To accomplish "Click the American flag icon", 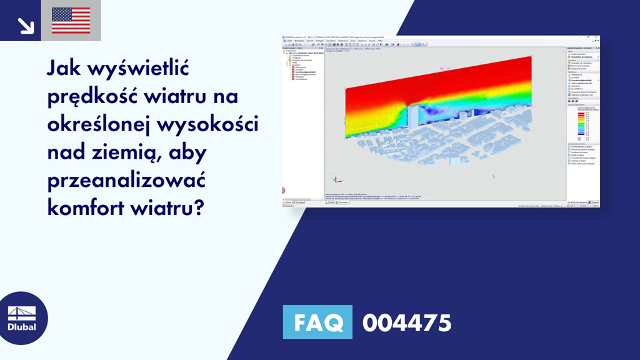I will coord(71,21).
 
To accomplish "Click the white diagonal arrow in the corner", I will coord(26,24).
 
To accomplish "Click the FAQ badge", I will coord(317,322).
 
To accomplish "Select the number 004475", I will coord(406,323).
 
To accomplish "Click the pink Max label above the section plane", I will coord(445,68).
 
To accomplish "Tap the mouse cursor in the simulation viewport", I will coord(493,176).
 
